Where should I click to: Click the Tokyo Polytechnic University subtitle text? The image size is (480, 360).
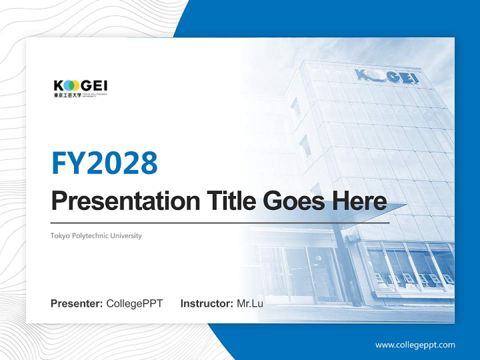click(96, 235)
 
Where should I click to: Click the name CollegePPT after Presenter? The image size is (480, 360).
click(134, 303)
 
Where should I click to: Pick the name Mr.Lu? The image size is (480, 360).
click(250, 303)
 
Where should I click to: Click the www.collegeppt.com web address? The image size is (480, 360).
click(415, 344)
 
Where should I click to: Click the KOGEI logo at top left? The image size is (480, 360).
click(80, 88)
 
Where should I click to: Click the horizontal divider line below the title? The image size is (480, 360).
click(220, 222)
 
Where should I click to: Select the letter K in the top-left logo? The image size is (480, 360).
click(58, 85)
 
